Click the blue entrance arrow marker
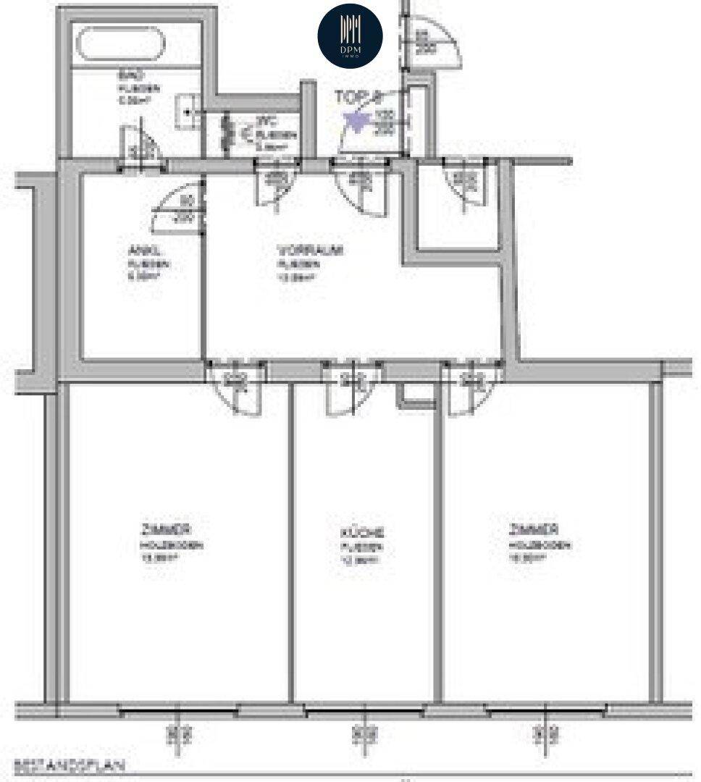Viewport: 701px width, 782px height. (356, 120)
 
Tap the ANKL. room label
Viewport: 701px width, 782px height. (138, 252)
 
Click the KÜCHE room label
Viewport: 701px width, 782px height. (362, 532)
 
